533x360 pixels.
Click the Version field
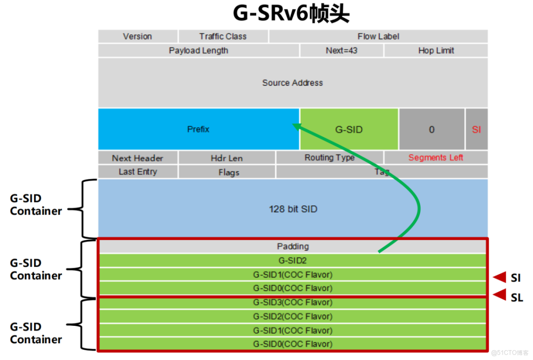137,36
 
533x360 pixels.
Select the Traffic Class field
223,36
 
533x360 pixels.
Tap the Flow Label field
378,36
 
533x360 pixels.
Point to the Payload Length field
199,50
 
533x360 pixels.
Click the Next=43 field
342,50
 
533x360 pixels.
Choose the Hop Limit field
436,50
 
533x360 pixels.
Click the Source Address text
293,83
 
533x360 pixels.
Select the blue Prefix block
199,129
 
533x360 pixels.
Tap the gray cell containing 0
431,130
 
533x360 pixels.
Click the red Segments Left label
436,157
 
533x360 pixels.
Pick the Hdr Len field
226,158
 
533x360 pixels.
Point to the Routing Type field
329,157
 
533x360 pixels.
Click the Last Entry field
138,171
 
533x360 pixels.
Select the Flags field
229,172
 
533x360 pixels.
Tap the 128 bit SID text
293,209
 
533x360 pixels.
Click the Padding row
293,247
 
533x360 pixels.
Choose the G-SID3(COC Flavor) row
293,302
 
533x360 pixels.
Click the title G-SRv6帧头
291,14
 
